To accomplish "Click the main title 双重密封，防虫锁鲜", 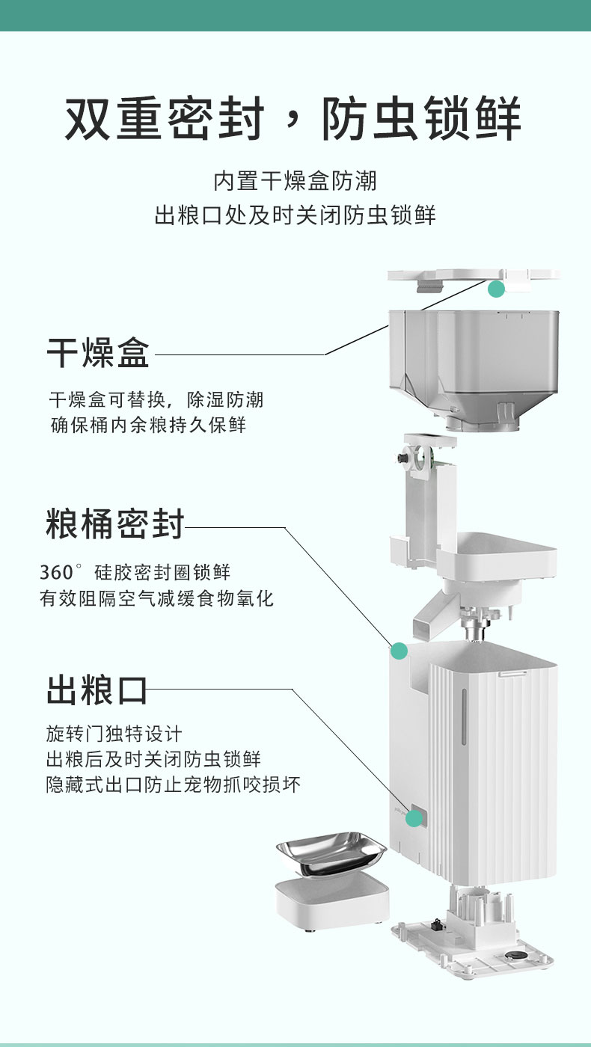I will [x=294, y=118].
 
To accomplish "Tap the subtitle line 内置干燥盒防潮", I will [x=295, y=181].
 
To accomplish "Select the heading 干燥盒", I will [x=98, y=352].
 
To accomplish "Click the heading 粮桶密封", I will [x=114, y=523].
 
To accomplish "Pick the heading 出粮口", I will [x=97, y=690].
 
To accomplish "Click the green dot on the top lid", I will [x=496, y=289].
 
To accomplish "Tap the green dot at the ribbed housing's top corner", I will [x=399, y=651].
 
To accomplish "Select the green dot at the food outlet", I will [x=414, y=818].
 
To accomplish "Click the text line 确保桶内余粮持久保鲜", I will [x=148, y=425].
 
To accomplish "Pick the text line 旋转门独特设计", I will [x=114, y=733].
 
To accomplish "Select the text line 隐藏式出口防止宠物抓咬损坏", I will [x=174, y=785].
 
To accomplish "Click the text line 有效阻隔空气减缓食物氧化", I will [x=157, y=598].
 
